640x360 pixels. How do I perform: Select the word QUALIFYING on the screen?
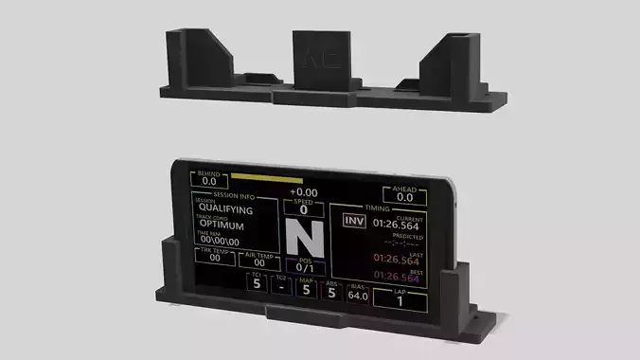point(225,210)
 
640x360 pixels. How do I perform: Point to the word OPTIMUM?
point(222,226)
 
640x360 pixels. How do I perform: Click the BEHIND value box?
point(208,179)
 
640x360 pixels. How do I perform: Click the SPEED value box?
point(304,208)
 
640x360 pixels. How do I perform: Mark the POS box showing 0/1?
point(304,265)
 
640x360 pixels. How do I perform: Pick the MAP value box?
point(305,288)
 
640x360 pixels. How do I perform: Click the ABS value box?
point(331,291)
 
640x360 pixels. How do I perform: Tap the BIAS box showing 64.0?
point(358,293)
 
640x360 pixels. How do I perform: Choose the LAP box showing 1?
point(400,300)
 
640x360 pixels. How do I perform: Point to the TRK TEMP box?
point(215,255)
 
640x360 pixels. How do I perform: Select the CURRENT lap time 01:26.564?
point(396,225)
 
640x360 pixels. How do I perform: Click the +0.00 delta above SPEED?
point(304,192)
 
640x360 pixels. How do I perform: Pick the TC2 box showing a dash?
point(281,286)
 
